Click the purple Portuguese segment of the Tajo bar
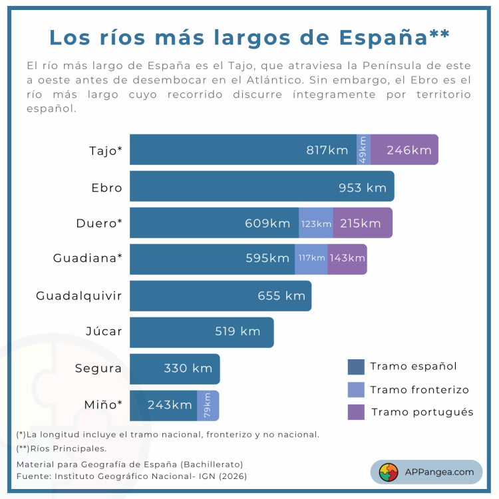tap(404, 150)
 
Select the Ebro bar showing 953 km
tap(261, 186)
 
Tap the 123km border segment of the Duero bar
tap(316, 223)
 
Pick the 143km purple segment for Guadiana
tap(347, 259)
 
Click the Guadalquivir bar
tap(220, 296)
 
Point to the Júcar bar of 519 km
tap(202, 332)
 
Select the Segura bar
tap(174, 369)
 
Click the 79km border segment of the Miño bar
tap(208, 405)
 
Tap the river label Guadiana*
tap(88, 259)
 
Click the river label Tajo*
tap(106, 150)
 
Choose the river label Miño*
tap(103, 405)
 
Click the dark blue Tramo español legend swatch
tap(356, 367)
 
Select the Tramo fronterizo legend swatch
tap(356, 390)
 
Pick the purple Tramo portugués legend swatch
tap(356, 412)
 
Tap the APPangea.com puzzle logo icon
tap(389, 472)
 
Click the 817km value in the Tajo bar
tap(327, 150)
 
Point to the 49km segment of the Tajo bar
tap(363, 150)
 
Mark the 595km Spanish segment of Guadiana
tap(212, 259)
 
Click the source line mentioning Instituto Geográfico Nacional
tap(136, 476)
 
